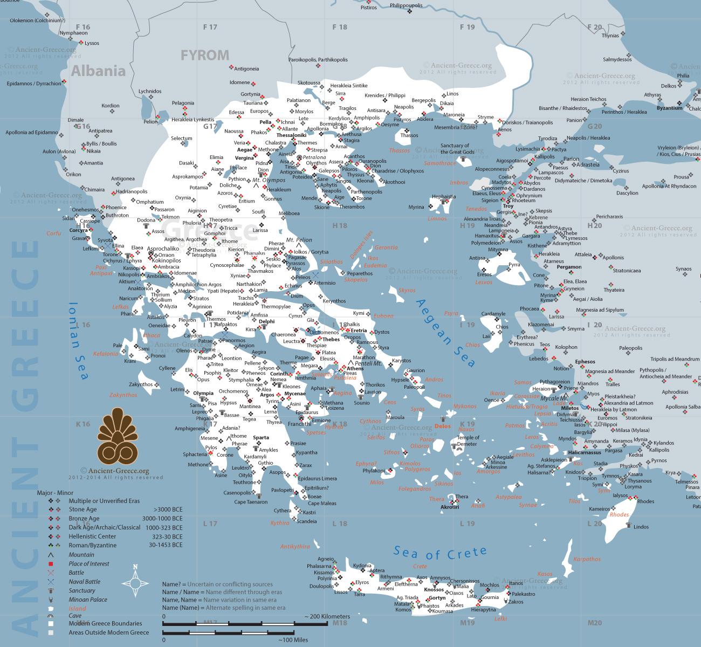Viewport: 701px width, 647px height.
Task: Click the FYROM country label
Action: point(204,55)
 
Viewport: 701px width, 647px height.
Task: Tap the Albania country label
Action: point(98,71)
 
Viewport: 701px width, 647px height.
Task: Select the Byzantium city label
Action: point(669,108)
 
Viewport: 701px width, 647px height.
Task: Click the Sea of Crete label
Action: point(439,552)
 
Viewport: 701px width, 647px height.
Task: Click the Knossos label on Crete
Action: point(434,589)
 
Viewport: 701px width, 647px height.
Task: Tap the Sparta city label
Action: point(260,437)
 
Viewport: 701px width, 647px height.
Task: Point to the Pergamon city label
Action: point(569,267)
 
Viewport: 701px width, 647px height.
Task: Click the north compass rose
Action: point(135,582)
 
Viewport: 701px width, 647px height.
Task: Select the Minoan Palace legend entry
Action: point(87,600)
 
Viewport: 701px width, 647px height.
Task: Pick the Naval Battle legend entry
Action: point(84,582)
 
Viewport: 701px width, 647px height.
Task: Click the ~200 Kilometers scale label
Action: point(327,616)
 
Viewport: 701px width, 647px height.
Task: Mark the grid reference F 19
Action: point(467,27)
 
